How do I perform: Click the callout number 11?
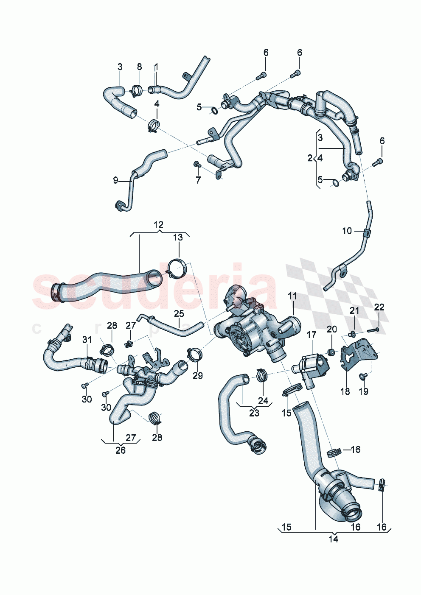tap(292, 296)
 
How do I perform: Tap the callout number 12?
tap(158, 225)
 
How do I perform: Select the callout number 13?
tap(178, 237)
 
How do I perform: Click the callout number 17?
tap(312, 335)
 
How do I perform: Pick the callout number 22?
tap(379, 307)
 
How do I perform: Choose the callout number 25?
tap(179, 314)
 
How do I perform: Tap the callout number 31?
tap(87, 340)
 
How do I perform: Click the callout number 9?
tap(115, 180)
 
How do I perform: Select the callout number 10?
tap(347, 231)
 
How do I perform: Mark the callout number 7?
tap(198, 180)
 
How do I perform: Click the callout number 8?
tap(139, 67)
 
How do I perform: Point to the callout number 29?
tap(198, 375)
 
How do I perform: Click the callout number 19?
tap(364, 391)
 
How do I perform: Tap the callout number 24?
tap(263, 400)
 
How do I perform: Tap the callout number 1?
tap(156, 67)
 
